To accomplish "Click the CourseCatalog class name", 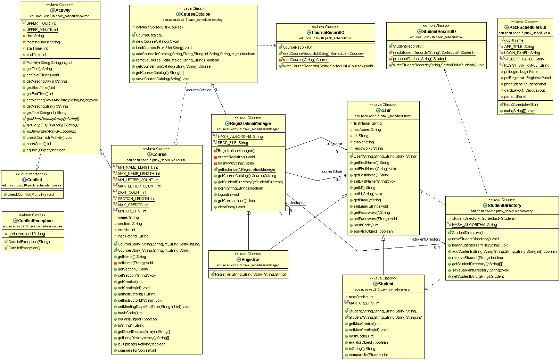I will point(196,14).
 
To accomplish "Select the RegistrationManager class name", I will point(250,124).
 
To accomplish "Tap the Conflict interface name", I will point(34,180).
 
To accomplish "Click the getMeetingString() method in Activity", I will point(47,106).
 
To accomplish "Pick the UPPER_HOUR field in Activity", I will point(41,23).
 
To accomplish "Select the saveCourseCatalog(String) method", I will point(163,79).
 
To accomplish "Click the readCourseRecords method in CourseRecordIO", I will point(323,53).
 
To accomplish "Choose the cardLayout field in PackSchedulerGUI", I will point(524,90).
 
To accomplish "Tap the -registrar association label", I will point(334,144).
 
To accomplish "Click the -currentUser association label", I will point(331,171).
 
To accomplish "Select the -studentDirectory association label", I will point(426,239).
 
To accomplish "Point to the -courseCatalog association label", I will point(198,90).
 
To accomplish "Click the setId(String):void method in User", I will point(368,194).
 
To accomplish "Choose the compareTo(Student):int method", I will point(368,355).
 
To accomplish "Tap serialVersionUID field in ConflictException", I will point(27,234).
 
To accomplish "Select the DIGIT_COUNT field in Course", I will point(132,192).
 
